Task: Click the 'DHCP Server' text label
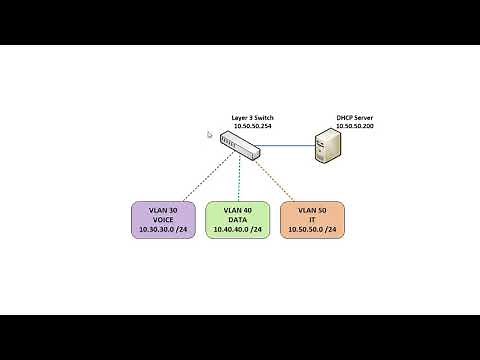(x=355, y=118)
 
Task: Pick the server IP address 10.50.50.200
(x=355, y=126)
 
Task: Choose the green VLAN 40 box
(x=238, y=220)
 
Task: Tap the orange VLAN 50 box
(x=312, y=220)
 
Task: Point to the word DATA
(x=238, y=220)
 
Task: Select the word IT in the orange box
(x=312, y=220)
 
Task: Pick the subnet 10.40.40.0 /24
(x=238, y=230)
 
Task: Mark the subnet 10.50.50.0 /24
(x=312, y=230)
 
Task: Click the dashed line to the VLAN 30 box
(x=195, y=178)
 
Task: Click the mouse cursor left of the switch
(x=210, y=134)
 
